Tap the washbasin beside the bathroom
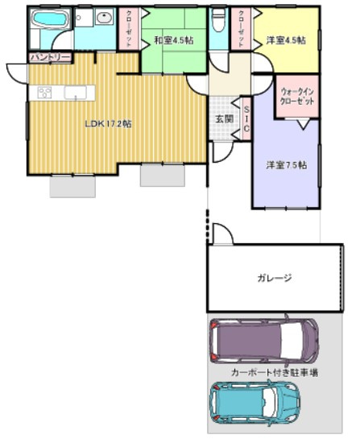pyautogui.click(x=103, y=18)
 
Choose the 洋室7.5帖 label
pyautogui.click(x=286, y=165)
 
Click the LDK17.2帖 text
pyautogui.click(x=110, y=124)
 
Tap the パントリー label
pyautogui.click(x=49, y=57)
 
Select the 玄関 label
pyautogui.click(x=224, y=118)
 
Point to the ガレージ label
pyautogui.click(x=274, y=278)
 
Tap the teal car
pyautogui.click(x=254, y=403)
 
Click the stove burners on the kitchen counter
pyautogui.click(x=44, y=93)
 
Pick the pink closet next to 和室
pyautogui.click(x=131, y=30)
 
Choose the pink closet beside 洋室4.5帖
pyautogui.click(x=241, y=30)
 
